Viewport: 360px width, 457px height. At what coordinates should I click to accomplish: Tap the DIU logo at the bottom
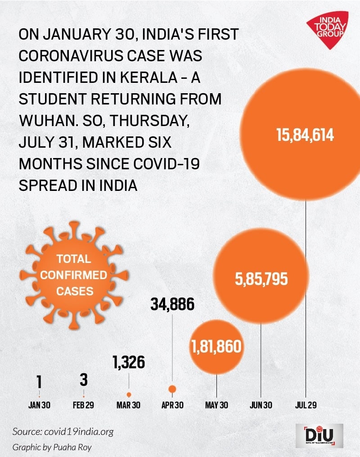click(319, 435)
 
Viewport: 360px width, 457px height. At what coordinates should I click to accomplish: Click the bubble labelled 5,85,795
click(261, 279)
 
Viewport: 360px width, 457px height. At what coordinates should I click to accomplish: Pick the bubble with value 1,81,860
click(216, 347)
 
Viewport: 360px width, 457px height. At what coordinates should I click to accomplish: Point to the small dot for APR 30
click(172, 389)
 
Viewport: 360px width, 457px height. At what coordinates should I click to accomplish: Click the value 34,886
click(172, 305)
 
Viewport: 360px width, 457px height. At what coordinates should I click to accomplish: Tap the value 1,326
click(129, 362)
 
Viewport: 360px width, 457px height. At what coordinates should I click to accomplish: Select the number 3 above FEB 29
click(83, 380)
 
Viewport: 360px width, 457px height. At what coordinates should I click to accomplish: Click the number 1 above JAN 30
click(39, 382)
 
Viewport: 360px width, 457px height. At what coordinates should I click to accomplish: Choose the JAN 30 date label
click(39, 405)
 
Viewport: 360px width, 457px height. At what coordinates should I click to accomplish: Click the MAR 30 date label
click(129, 405)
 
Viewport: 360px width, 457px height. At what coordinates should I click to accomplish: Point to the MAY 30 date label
click(217, 405)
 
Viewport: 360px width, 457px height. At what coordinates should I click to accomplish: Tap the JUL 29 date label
click(306, 405)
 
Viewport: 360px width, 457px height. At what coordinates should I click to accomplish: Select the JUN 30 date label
click(261, 405)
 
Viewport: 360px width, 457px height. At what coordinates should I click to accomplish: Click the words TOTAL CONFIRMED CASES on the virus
click(74, 275)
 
